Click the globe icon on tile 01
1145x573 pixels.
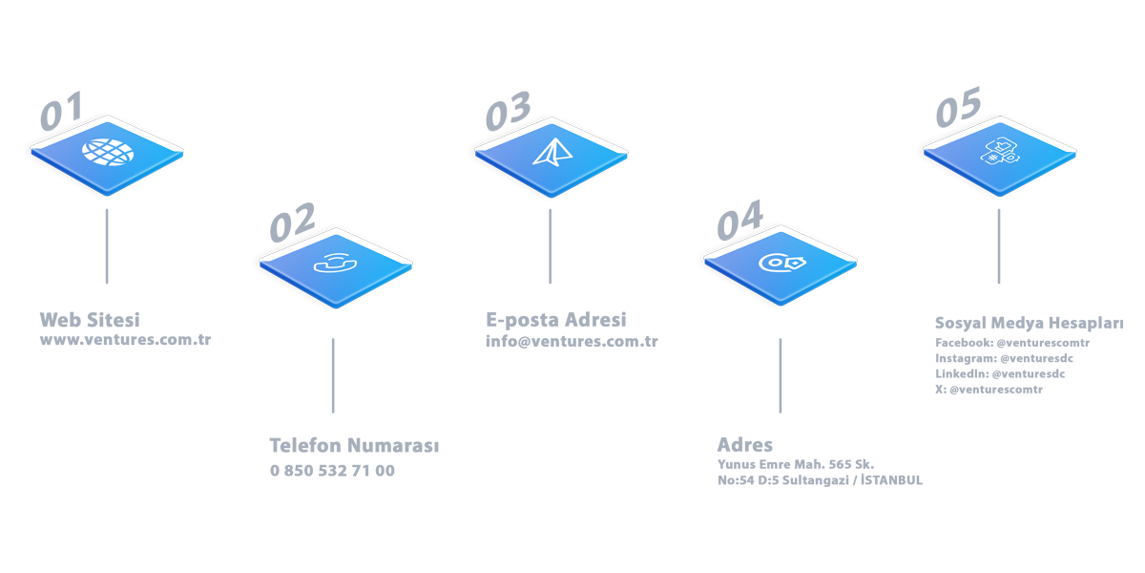[108, 152]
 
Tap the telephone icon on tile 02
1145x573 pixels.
[335, 264]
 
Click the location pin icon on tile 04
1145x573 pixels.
[782, 263]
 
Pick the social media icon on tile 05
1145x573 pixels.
[1000, 151]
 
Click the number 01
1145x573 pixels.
[61, 111]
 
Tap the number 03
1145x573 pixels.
[508, 111]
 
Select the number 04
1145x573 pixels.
[740, 220]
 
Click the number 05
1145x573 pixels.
[958, 107]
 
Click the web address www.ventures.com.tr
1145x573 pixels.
[125, 340]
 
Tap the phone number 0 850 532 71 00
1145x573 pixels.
[332, 471]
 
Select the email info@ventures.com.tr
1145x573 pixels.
[572, 341]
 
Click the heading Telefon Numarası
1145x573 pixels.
[354, 446]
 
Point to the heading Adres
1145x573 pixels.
[745, 445]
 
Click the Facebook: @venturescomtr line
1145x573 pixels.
[1012, 343]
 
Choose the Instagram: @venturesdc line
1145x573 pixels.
[1004, 359]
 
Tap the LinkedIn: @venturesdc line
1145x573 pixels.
[1000, 374]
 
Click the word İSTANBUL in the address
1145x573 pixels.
[891, 479]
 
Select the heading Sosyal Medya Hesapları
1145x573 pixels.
[1029, 324]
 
